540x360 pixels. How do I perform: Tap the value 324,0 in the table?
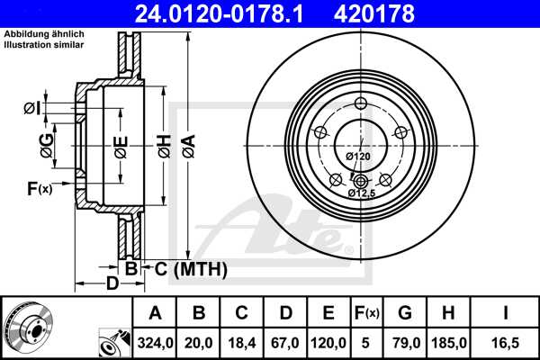tap(154, 343)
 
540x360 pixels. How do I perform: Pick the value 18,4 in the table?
tap(241, 343)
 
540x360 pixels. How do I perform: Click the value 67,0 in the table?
tap(285, 343)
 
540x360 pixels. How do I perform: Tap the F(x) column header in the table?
tap(367, 313)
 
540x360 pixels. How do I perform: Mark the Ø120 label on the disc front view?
tap(358, 157)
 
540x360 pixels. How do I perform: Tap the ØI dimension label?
tap(31, 108)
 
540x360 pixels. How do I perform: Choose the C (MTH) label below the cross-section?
tap(188, 268)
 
